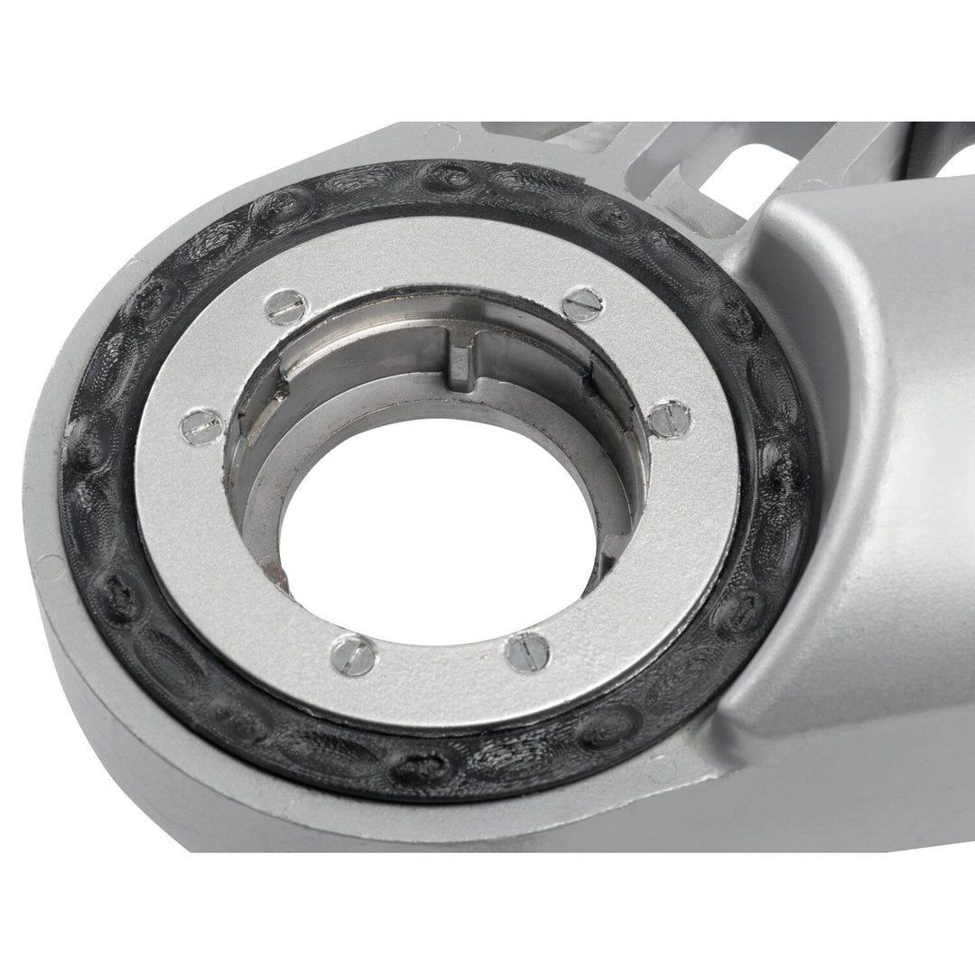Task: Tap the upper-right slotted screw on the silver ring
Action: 580,303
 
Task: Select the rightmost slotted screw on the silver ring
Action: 670,418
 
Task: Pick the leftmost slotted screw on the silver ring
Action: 200,425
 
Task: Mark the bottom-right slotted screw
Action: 528,652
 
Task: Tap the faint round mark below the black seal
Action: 658,766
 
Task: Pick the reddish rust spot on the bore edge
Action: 267,569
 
